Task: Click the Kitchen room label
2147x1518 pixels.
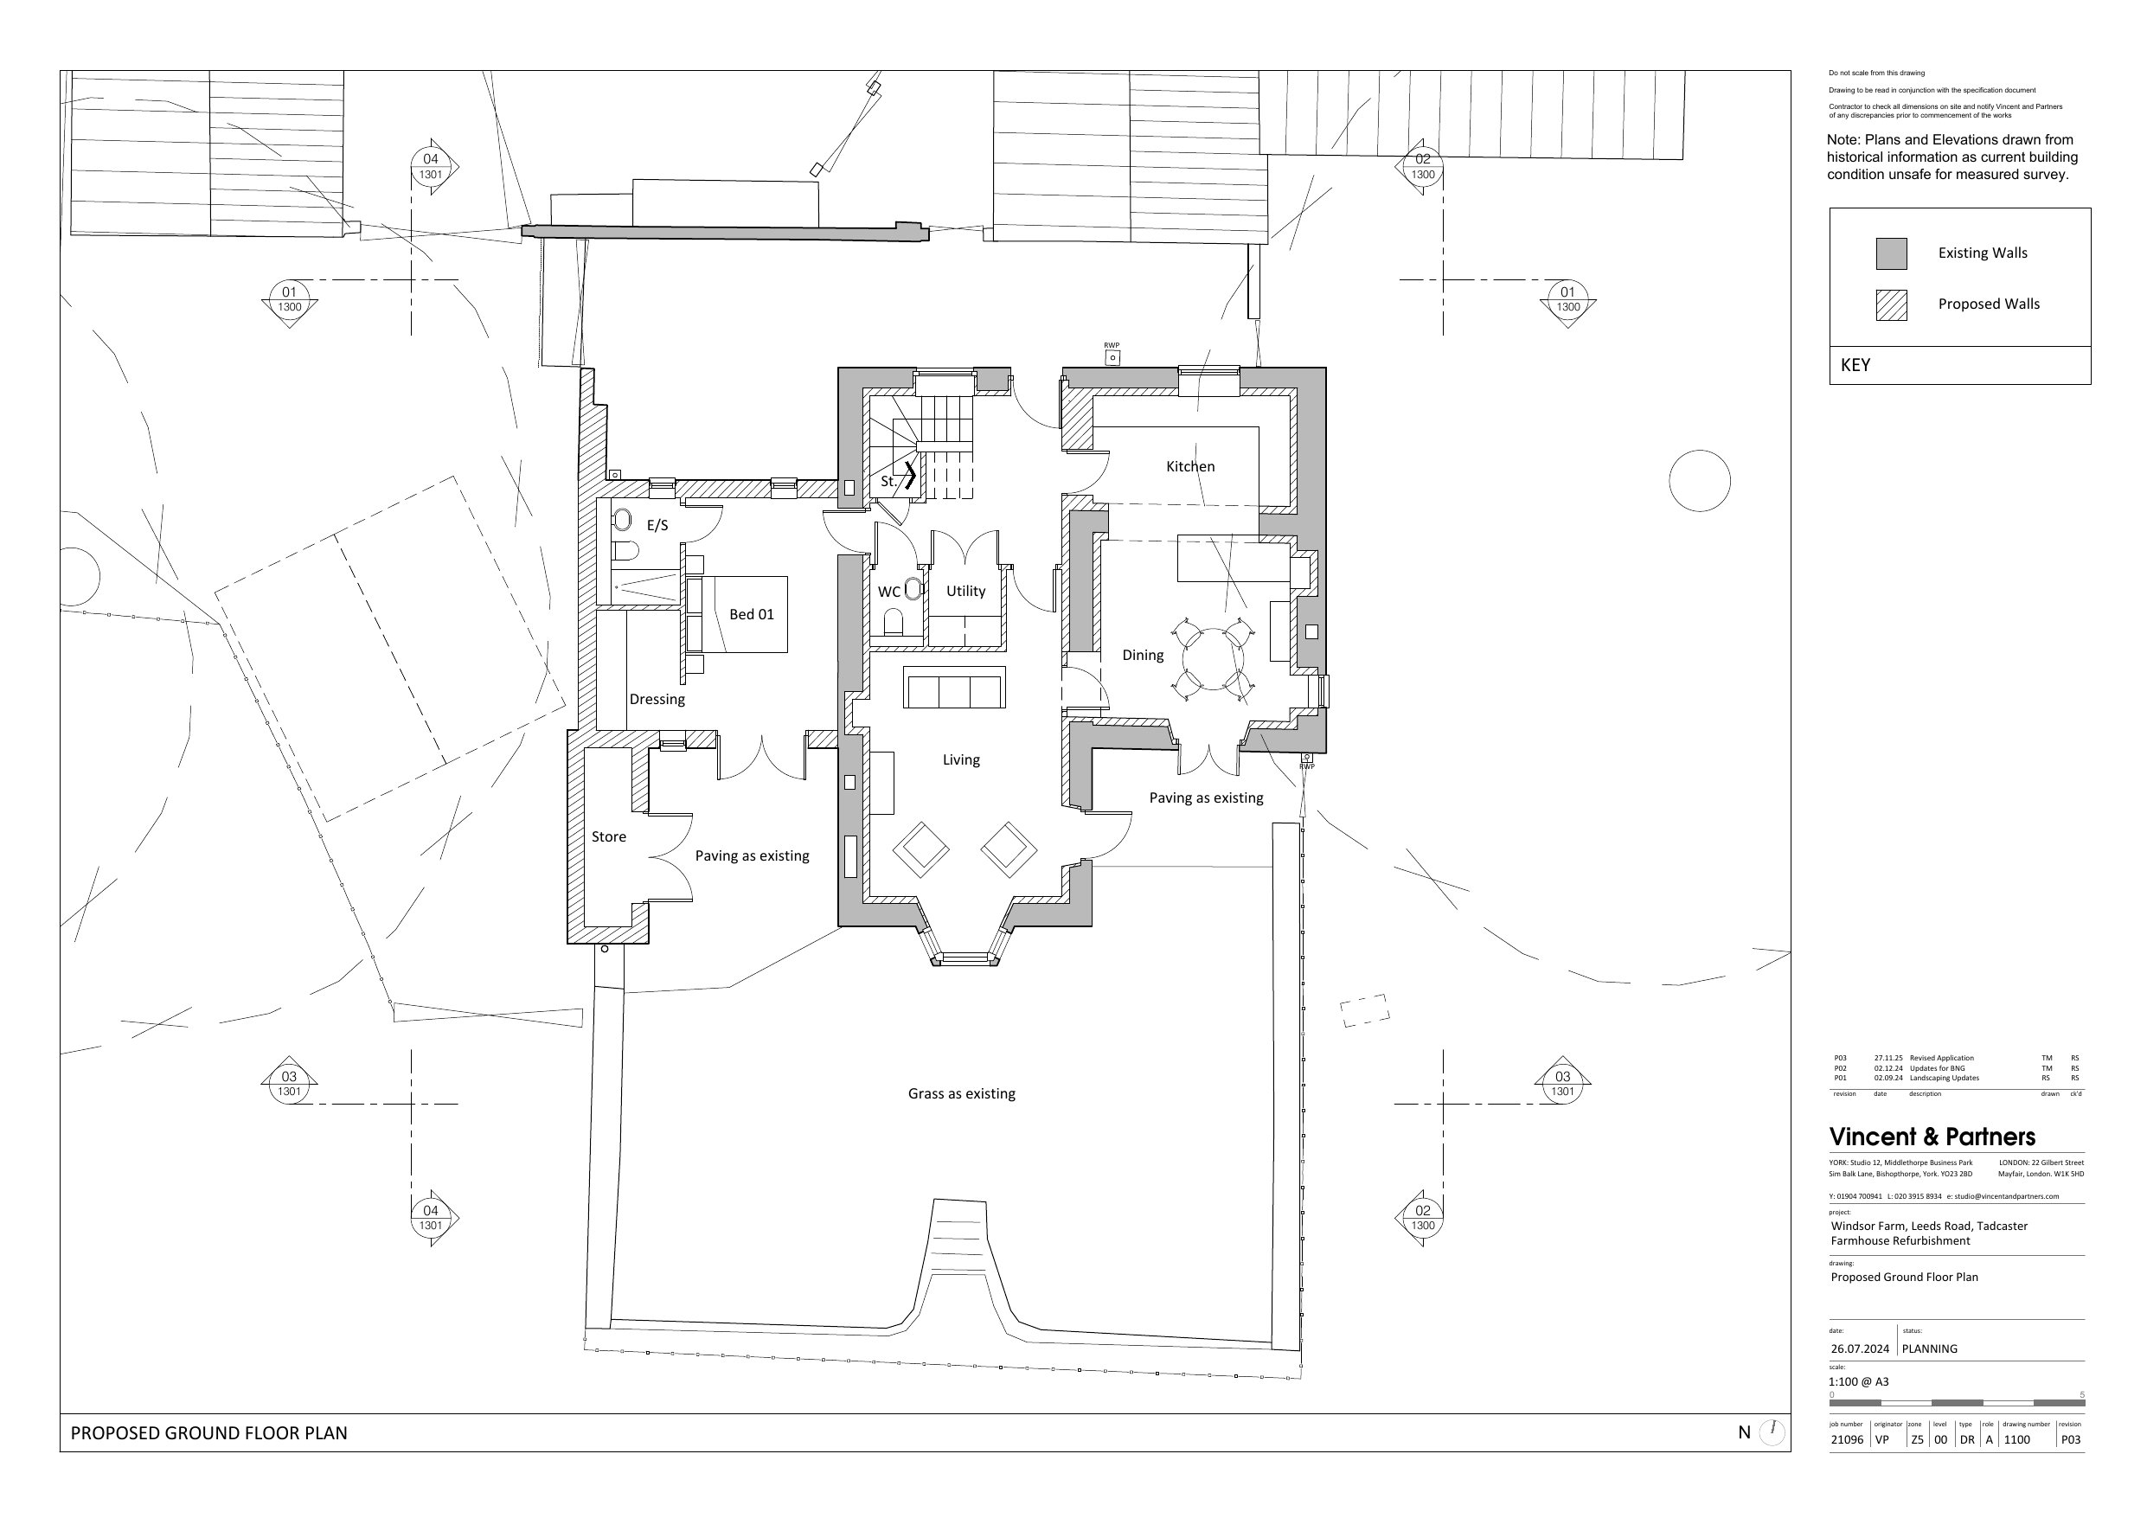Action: point(1190,466)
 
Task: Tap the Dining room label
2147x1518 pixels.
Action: point(1143,655)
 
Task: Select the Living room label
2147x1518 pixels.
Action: point(961,759)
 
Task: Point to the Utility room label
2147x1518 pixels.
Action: point(966,591)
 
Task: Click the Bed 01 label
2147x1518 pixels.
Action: point(752,614)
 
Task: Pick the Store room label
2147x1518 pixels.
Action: point(609,837)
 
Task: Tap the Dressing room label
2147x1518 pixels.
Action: point(657,700)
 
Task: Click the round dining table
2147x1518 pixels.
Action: point(1213,659)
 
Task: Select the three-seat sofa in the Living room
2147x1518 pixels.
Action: point(954,688)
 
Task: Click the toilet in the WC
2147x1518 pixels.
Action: point(893,623)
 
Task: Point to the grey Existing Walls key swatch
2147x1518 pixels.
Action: point(1891,253)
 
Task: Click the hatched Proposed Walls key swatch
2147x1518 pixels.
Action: point(1891,305)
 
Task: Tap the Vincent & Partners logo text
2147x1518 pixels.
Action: point(1932,1137)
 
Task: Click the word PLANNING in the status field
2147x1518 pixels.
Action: point(1929,1348)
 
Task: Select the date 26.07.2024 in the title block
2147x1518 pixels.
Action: point(1860,1348)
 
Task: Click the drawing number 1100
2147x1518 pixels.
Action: point(2016,1439)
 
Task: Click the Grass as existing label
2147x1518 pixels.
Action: point(961,1093)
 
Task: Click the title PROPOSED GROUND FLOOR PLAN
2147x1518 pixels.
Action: point(208,1433)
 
